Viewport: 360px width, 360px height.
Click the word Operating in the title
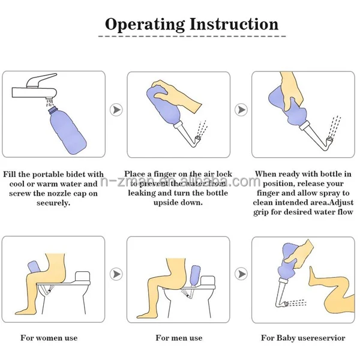(144, 24)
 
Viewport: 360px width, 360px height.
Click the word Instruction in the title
(234, 24)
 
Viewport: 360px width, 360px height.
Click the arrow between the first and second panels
(118, 110)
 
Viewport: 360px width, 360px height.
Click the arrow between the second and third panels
(241, 110)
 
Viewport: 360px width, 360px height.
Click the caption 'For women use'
(49, 338)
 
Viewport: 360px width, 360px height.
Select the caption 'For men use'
(179, 338)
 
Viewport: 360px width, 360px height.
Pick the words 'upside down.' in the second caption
(178, 203)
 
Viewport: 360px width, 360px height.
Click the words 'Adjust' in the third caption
(339, 203)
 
